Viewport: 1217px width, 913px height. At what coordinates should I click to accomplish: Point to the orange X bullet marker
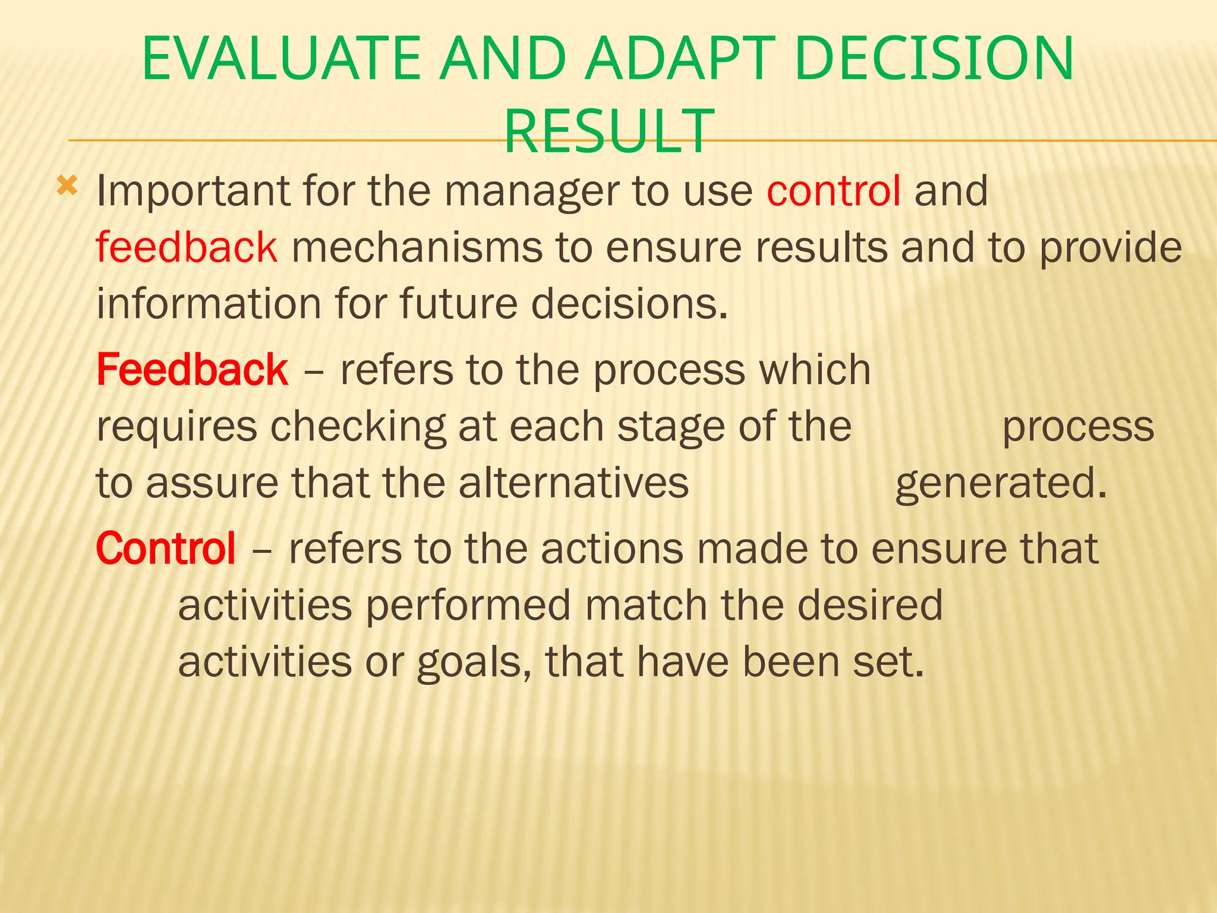click(x=67, y=187)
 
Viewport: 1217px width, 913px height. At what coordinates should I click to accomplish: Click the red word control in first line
click(x=833, y=191)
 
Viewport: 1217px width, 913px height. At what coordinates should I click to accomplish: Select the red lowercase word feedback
click(x=186, y=247)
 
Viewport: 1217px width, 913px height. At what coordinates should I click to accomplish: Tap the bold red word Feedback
click(x=191, y=370)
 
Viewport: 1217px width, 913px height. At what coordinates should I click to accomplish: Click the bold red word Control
click(x=166, y=548)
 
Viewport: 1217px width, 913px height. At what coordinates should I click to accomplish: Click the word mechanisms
click(x=417, y=247)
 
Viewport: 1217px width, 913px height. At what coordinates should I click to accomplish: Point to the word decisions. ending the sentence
click(x=629, y=304)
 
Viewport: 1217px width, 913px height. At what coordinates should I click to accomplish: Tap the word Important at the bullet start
click(x=193, y=192)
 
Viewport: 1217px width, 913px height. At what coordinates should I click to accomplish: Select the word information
click(x=209, y=304)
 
